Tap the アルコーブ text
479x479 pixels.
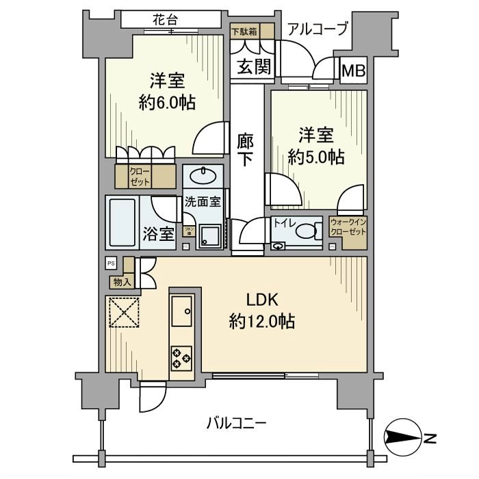pyautogui.click(x=318, y=29)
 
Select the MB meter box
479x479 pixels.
pyautogui.click(x=353, y=70)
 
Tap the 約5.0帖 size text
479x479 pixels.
pyautogui.click(x=315, y=157)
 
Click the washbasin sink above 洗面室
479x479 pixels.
pyautogui.click(x=203, y=176)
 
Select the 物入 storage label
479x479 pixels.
pyautogui.click(x=120, y=281)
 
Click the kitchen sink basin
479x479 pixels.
pyautogui.click(x=183, y=313)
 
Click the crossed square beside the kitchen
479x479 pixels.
pyautogui.click(x=122, y=312)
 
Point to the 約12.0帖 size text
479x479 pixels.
pyautogui.click(x=262, y=320)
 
